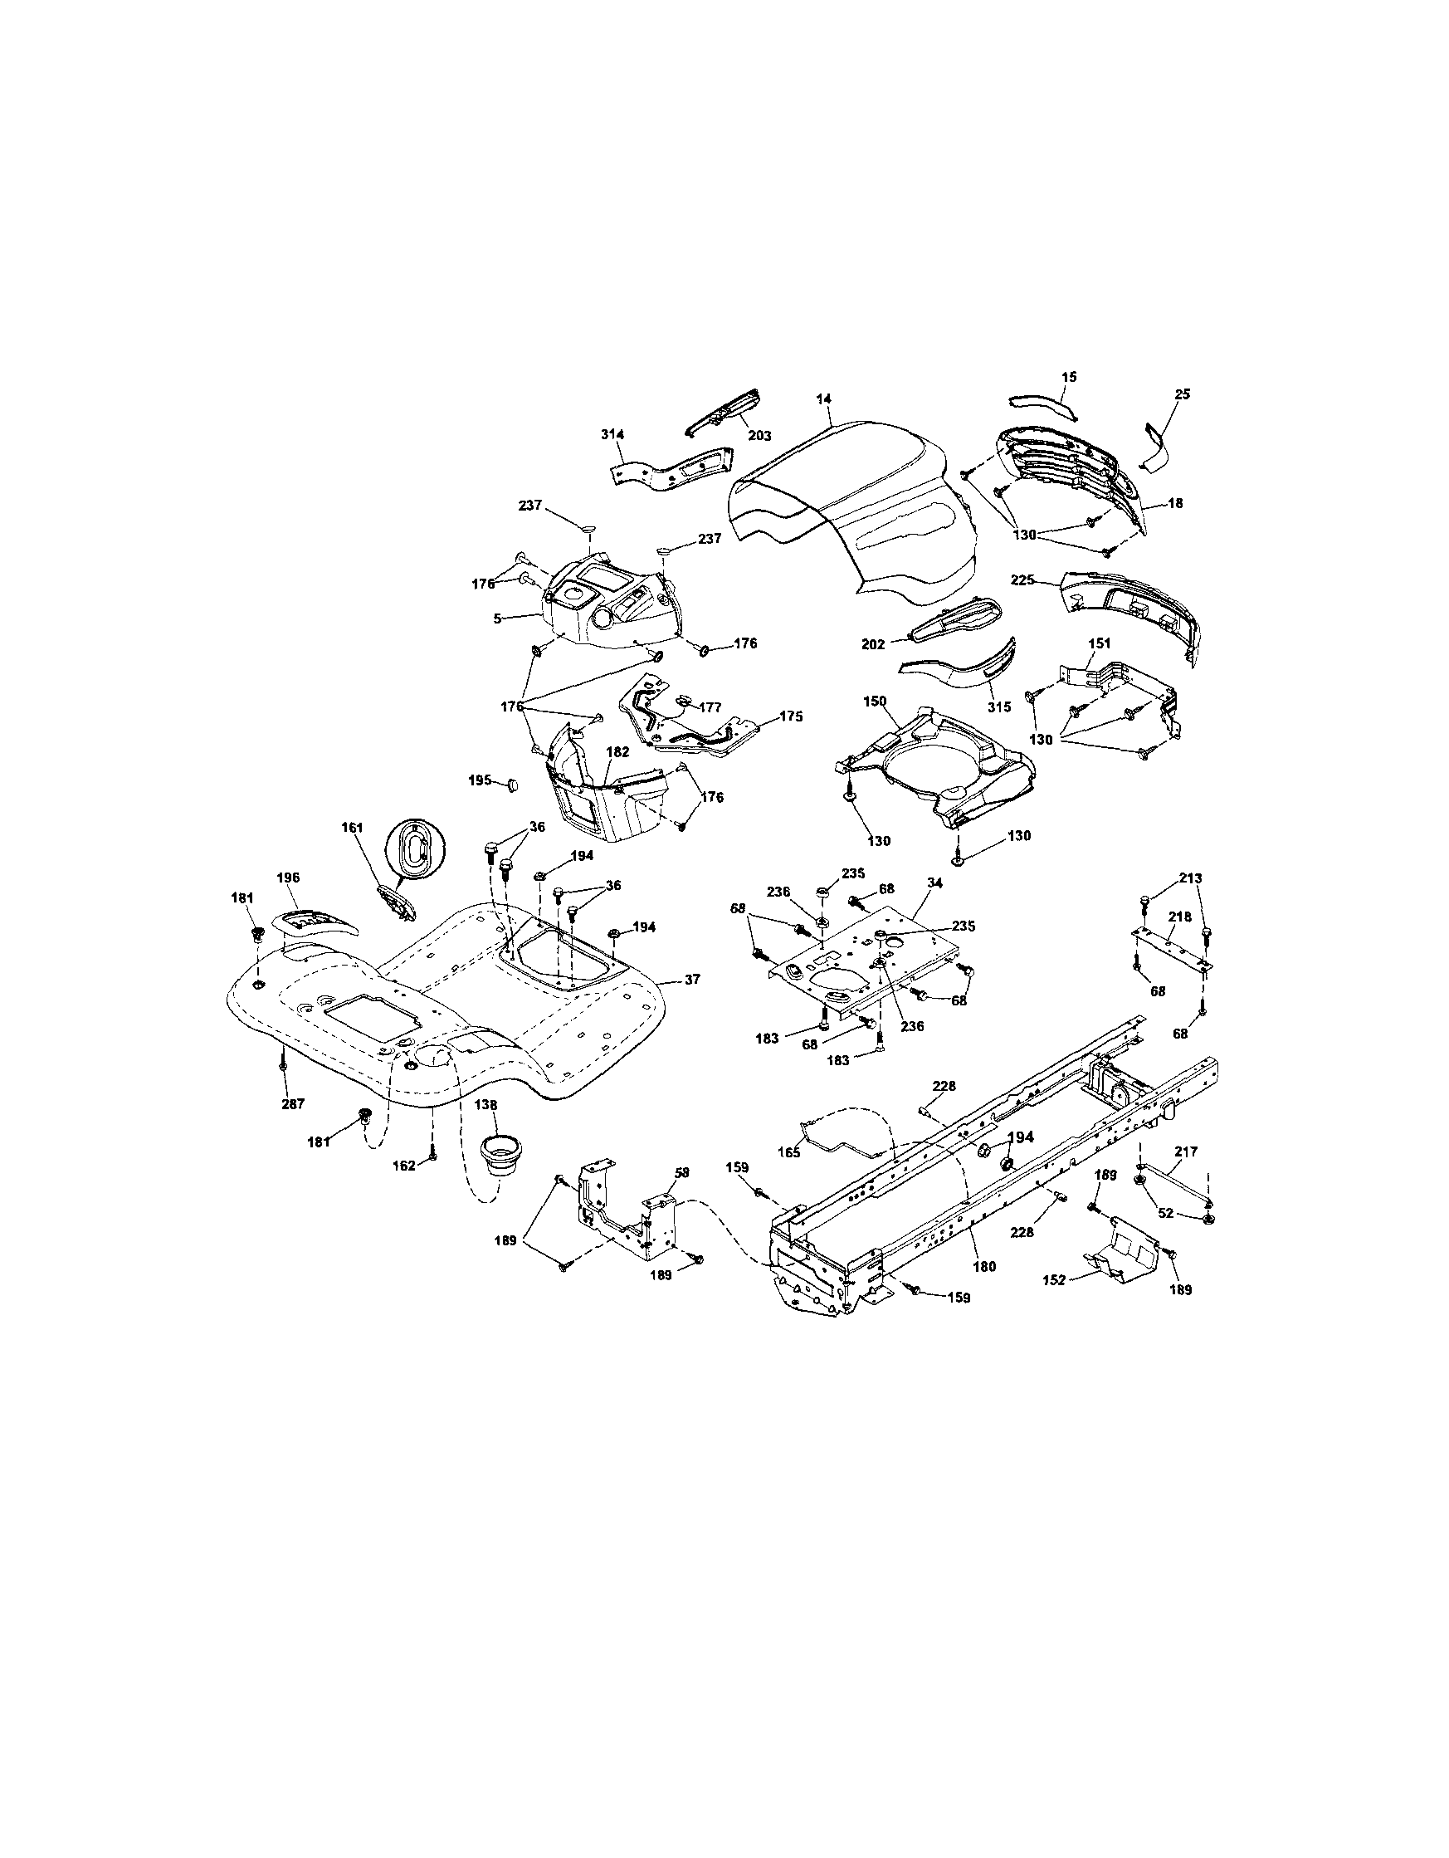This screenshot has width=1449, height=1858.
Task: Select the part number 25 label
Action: [x=1182, y=394]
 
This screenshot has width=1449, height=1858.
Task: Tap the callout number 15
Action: [x=1069, y=376]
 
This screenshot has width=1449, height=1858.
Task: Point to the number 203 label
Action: [x=759, y=436]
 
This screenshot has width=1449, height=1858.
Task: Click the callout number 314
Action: [x=613, y=435]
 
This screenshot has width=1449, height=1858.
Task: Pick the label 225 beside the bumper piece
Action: [x=1022, y=580]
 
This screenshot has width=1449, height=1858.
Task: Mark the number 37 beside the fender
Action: [x=692, y=979]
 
